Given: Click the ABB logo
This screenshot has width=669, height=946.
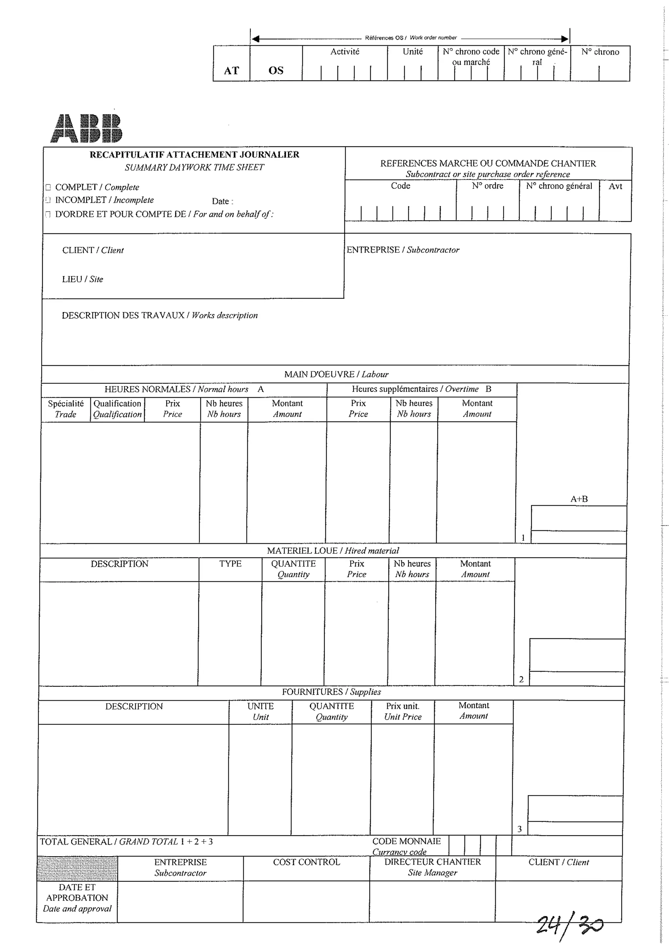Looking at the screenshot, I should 86,129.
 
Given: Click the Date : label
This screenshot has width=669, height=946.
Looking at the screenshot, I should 222,202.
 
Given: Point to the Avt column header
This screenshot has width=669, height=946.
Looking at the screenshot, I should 615,186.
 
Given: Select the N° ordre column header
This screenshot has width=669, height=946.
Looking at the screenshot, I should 487,186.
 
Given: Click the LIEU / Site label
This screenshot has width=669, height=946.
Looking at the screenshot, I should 82,279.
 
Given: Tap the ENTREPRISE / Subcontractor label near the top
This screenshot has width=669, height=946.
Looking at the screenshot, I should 402,250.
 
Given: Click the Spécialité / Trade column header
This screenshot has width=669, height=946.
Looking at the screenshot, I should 66,409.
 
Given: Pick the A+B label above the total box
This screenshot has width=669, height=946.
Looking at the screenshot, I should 579,499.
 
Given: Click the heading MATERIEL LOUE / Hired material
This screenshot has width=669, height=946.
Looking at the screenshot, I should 333,550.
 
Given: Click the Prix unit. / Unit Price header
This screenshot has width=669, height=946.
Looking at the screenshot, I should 402,711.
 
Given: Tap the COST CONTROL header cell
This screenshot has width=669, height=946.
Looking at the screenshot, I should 306,862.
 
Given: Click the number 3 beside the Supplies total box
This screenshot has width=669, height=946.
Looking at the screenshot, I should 519,829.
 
